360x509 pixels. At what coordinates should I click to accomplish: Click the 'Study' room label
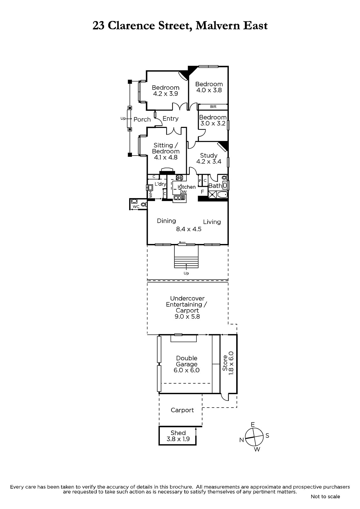[208, 155]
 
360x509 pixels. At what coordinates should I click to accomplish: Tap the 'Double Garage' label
[187, 361]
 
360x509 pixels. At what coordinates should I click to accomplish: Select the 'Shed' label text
[178, 433]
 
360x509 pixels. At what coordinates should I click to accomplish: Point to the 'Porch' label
[142, 119]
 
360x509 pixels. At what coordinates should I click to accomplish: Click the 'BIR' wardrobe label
[213, 107]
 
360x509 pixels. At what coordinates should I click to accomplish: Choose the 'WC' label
[136, 207]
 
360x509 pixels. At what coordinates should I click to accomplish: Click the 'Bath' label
[215, 186]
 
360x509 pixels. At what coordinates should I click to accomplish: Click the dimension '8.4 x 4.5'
[189, 229]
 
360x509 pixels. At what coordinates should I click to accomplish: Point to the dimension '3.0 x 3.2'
[213, 123]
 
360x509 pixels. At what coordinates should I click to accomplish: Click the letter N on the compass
[242, 440]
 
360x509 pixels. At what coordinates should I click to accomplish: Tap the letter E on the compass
[253, 425]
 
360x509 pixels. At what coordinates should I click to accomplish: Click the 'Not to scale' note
[325, 496]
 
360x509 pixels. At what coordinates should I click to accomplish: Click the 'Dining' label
[166, 221]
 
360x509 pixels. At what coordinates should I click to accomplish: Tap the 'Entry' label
[170, 118]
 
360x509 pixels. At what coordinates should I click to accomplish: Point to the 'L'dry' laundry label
[160, 184]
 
